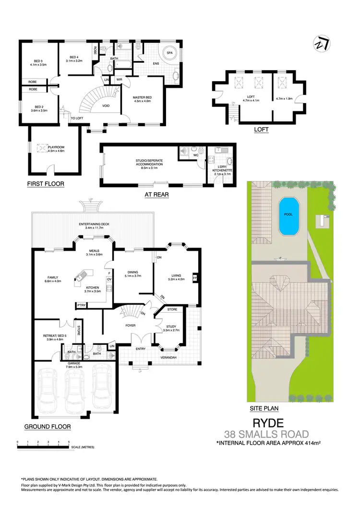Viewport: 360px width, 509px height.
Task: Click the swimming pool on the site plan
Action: (288, 217)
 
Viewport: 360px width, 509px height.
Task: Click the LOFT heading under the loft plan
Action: (262, 130)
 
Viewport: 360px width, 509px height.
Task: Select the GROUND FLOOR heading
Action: (48, 426)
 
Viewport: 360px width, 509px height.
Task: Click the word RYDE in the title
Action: (268, 423)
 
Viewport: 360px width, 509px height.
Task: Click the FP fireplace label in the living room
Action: (194, 278)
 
